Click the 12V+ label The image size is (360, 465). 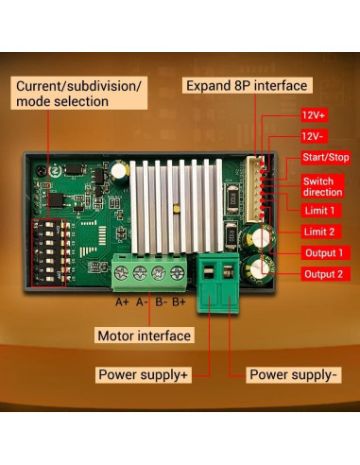point(315,114)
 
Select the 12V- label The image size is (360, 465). point(315,136)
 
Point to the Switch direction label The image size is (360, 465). point(319,185)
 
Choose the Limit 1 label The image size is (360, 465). point(318,210)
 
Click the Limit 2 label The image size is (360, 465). point(318,232)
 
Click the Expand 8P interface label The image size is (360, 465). point(246,85)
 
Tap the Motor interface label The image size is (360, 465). point(144,336)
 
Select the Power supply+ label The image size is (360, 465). point(144,375)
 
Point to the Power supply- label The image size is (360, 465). point(294,375)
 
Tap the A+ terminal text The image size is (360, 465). point(122,302)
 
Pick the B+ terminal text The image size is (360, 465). point(180,302)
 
